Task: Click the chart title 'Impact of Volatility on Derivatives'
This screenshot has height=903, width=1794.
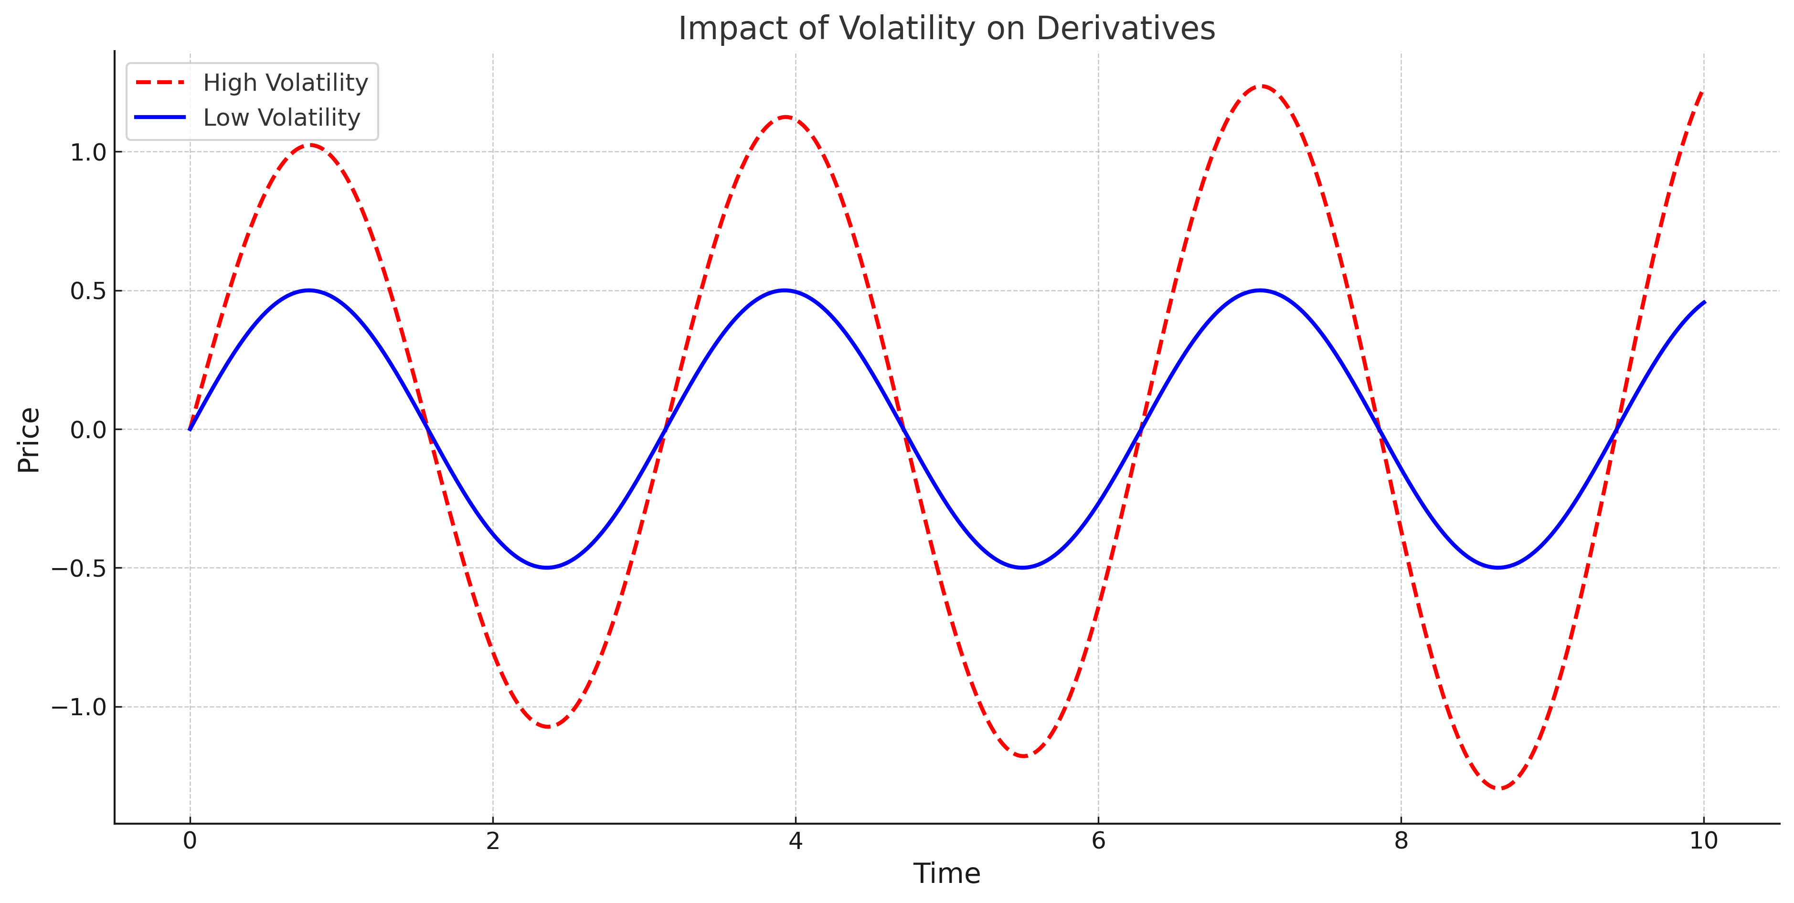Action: [x=946, y=29]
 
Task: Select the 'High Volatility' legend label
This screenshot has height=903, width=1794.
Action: [x=286, y=83]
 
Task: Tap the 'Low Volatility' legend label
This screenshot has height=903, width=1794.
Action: [x=281, y=118]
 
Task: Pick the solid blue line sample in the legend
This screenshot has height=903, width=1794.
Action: [x=161, y=117]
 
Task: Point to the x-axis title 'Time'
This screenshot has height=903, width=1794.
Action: [x=946, y=873]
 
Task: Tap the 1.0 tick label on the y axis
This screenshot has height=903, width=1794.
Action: [x=88, y=152]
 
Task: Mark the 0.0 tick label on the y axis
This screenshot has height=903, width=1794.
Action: [x=88, y=430]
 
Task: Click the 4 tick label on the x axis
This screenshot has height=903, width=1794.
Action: [x=796, y=841]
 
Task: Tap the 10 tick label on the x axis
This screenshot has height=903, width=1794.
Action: [x=1703, y=841]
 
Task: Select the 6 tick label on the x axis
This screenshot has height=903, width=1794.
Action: [x=1098, y=841]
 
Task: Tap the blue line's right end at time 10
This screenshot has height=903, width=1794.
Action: [x=1703, y=302]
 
